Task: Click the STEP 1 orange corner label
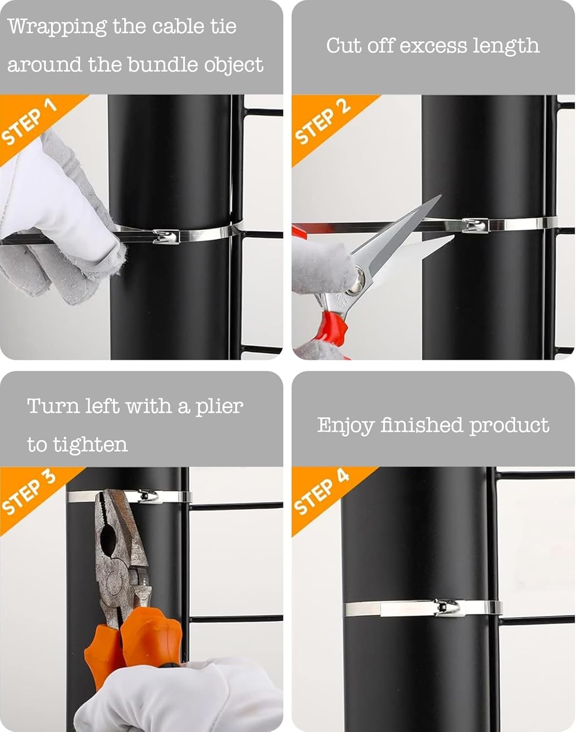coord(29,122)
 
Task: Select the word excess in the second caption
coord(433,45)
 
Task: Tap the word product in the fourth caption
coord(509,426)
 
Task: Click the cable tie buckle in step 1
coord(166,236)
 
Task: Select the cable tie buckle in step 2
coord(475,225)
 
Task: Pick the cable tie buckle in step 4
coord(449,607)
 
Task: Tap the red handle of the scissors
coord(332,328)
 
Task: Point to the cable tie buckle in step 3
coord(148,497)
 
